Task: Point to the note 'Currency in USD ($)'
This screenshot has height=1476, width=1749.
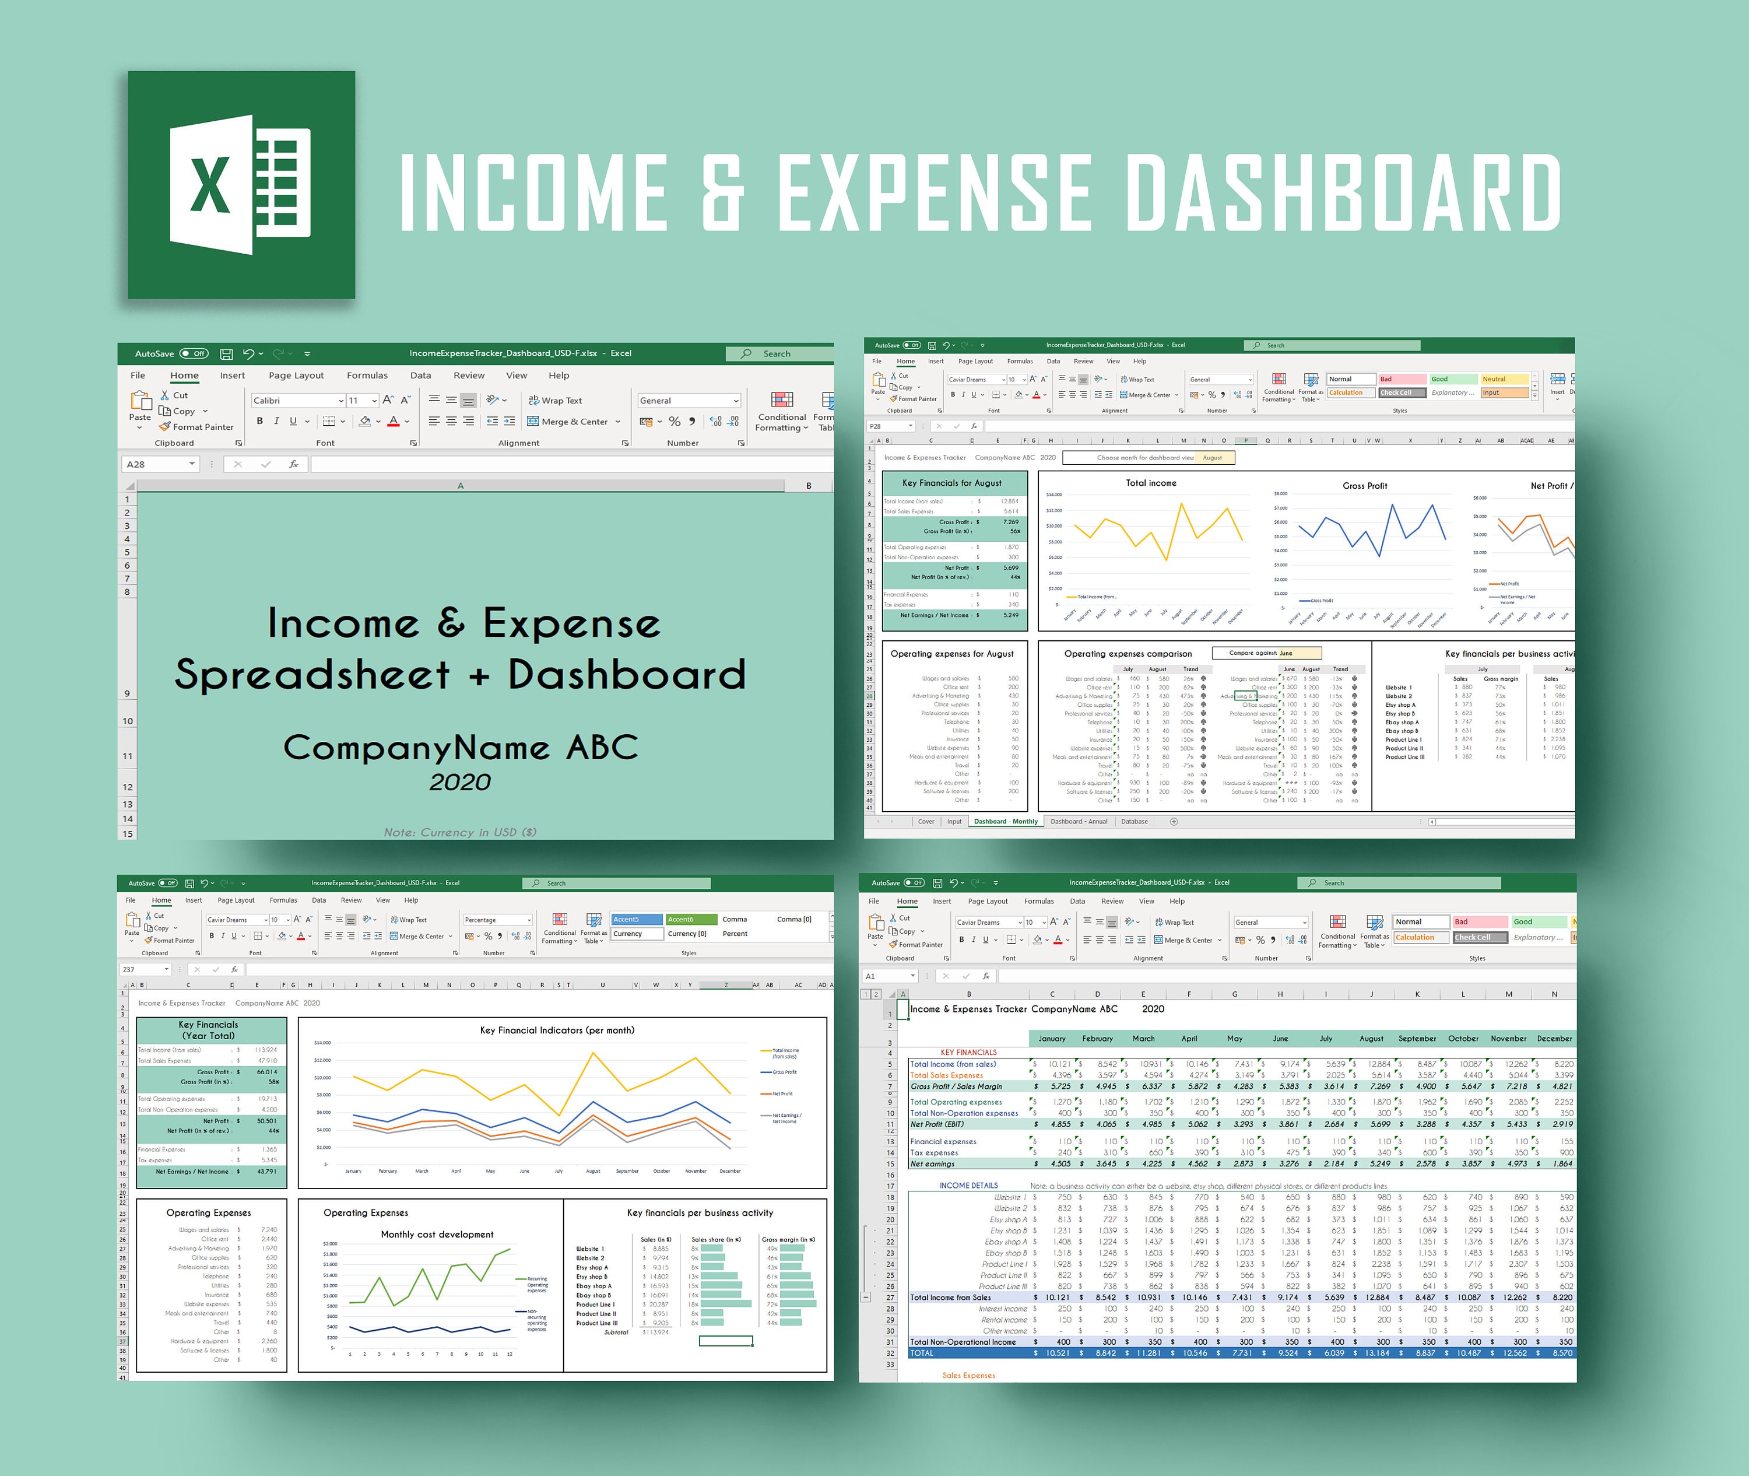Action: pos(460,832)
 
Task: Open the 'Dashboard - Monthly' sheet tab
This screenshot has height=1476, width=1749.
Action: pos(1006,822)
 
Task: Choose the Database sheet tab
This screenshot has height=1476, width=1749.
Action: pos(1134,822)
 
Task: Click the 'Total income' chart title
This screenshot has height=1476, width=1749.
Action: pos(1150,483)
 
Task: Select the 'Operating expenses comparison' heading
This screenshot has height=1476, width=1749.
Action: pos(1128,654)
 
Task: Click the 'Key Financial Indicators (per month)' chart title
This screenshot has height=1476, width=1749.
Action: pos(557,1030)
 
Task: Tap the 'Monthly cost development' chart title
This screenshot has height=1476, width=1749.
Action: pos(437,1234)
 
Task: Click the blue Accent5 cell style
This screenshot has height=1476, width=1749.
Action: pos(637,918)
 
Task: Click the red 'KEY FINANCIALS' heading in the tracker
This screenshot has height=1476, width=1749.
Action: pos(968,1052)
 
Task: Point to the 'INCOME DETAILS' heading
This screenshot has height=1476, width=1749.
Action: pos(968,1186)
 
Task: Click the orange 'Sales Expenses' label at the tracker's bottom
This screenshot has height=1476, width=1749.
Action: pos(968,1375)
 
